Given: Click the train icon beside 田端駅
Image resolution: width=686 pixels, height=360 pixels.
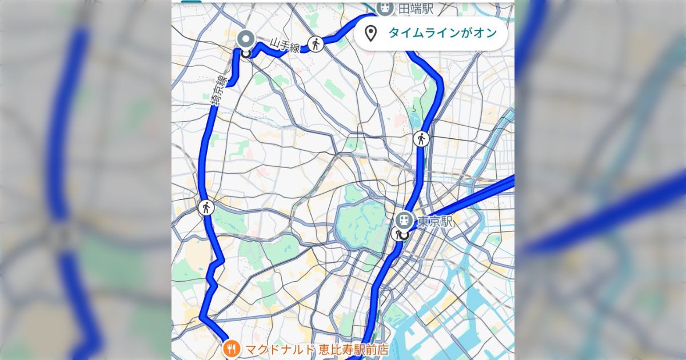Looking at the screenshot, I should click(x=385, y=8).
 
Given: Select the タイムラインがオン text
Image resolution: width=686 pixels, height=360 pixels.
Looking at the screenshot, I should click(x=442, y=33).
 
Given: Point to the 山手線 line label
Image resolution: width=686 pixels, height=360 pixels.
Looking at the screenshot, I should click(x=285, y=46).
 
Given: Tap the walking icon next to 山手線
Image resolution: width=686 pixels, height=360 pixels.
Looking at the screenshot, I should click(x=315, y=43).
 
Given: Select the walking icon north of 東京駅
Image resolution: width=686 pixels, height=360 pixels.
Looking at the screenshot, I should click(x=421, y=138).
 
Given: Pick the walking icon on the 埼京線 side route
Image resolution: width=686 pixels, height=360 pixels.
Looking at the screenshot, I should click(x=206, y=207).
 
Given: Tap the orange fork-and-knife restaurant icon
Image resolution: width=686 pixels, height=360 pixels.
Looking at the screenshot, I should click(x=232, y=348).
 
